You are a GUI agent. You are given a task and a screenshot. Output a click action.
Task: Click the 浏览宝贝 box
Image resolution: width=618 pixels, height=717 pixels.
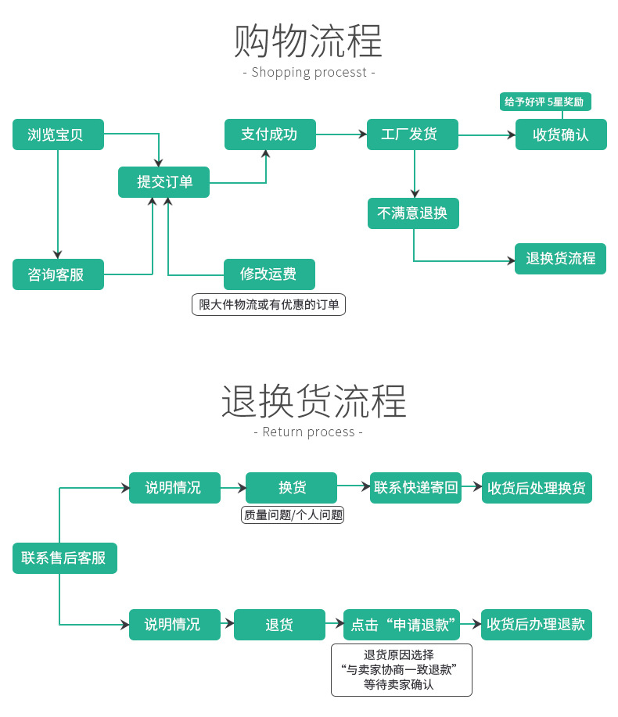tap(58, 134)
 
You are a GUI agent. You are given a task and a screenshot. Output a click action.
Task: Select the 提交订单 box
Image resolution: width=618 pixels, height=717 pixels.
tap(163, 182)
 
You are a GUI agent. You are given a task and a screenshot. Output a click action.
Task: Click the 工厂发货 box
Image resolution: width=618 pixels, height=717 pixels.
tap(412, 134)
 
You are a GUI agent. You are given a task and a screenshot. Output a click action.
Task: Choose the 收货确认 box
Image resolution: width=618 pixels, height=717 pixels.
tap(560, 134)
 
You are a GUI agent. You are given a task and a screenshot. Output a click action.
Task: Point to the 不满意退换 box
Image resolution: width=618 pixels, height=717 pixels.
tap(413, 213)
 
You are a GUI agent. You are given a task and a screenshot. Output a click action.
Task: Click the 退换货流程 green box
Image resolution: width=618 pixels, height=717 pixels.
tap(560, 259)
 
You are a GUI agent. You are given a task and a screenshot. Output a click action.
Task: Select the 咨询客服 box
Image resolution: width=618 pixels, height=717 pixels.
tap(58, 274)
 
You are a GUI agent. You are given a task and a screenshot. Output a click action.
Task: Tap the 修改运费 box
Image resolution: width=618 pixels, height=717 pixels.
tap(269, 274)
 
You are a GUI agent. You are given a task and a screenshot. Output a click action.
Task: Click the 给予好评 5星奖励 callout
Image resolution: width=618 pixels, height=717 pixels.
tap(544, 102)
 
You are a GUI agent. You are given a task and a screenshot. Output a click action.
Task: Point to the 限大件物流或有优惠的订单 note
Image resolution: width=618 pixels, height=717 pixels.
tap(268, 305)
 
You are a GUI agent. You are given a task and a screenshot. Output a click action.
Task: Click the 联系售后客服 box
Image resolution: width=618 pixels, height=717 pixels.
tap(64, 558)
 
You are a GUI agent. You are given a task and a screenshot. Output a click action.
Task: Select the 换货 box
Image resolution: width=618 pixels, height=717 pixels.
tap(291, 488)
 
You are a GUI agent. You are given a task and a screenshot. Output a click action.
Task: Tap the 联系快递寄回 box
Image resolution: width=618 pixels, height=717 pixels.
tap(415, 488)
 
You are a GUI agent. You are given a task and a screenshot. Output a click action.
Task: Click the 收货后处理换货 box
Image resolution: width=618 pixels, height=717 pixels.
tap(537, 488)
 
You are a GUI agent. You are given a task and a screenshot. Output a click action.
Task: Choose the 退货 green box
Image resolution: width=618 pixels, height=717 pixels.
tap(279, 625)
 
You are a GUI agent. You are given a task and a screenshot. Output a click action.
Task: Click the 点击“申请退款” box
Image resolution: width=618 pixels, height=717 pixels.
tap(401, 625)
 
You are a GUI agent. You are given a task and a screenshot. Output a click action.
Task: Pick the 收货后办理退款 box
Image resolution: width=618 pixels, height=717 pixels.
tap(536, 625)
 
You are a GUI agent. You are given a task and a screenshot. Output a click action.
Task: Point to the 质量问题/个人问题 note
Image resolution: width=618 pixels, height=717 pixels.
tap(293, 515)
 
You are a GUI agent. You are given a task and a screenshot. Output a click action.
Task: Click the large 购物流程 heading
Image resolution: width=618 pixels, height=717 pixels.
tap(308, 41)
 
